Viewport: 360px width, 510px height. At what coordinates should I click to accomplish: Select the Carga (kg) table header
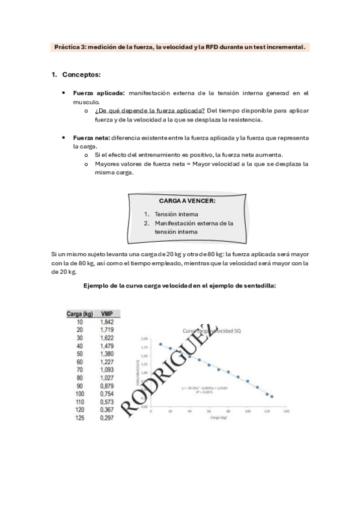pos(80,313)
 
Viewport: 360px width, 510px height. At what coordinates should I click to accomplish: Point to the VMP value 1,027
pos(108,378)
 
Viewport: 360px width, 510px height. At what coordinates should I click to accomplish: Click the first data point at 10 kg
pos(160,344)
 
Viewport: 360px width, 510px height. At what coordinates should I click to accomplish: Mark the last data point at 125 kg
pos(272,397)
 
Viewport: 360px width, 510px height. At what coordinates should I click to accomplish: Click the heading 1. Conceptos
pos(76,75)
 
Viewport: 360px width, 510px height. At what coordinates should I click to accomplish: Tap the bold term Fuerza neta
pos(91,138)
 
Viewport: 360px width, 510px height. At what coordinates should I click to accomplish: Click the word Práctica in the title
pos(67,46)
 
